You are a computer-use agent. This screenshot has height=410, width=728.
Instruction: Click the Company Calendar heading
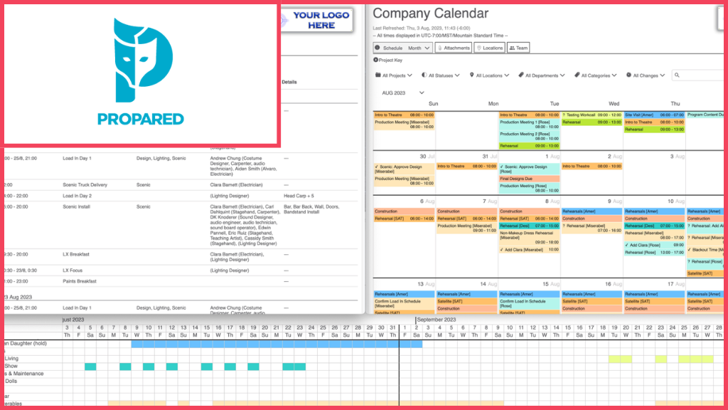pos(430,14)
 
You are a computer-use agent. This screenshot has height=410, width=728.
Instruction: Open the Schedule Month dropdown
pos(402,48)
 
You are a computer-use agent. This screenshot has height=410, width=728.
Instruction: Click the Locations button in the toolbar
pos(489,48)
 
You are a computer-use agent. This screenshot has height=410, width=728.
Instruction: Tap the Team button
pos(518,48)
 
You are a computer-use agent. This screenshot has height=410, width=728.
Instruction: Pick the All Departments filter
pos(541,75)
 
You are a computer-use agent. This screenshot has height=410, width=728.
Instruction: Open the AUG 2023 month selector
pos(403,93)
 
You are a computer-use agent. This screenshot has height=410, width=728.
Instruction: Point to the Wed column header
pos(613,104)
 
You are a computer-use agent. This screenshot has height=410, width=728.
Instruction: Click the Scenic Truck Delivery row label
pos(85,185)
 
